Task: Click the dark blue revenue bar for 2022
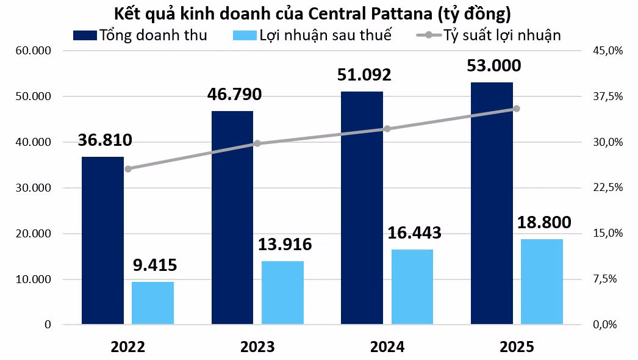click(102, 240)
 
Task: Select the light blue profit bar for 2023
click(282, 292)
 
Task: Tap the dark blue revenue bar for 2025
click(492, 203)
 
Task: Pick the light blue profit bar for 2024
click(412, 287)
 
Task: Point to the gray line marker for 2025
click(517, 109)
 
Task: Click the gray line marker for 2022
click(128, 169)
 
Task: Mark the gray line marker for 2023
click(257, 143)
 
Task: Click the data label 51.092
click(364, 74)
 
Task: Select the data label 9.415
click(155, 265)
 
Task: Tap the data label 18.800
click(544, 222)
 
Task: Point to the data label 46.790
click(234, 94)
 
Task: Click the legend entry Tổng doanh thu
click(140, 35)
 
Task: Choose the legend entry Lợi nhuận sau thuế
click(312, 35)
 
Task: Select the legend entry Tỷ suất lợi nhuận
click(489, 35)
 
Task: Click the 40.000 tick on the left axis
click(34, 142)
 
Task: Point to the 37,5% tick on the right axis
click(608, 96)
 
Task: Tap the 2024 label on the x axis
click(387, 347)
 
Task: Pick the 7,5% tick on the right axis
click(604, 279)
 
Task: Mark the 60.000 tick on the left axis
click(34, 51)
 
